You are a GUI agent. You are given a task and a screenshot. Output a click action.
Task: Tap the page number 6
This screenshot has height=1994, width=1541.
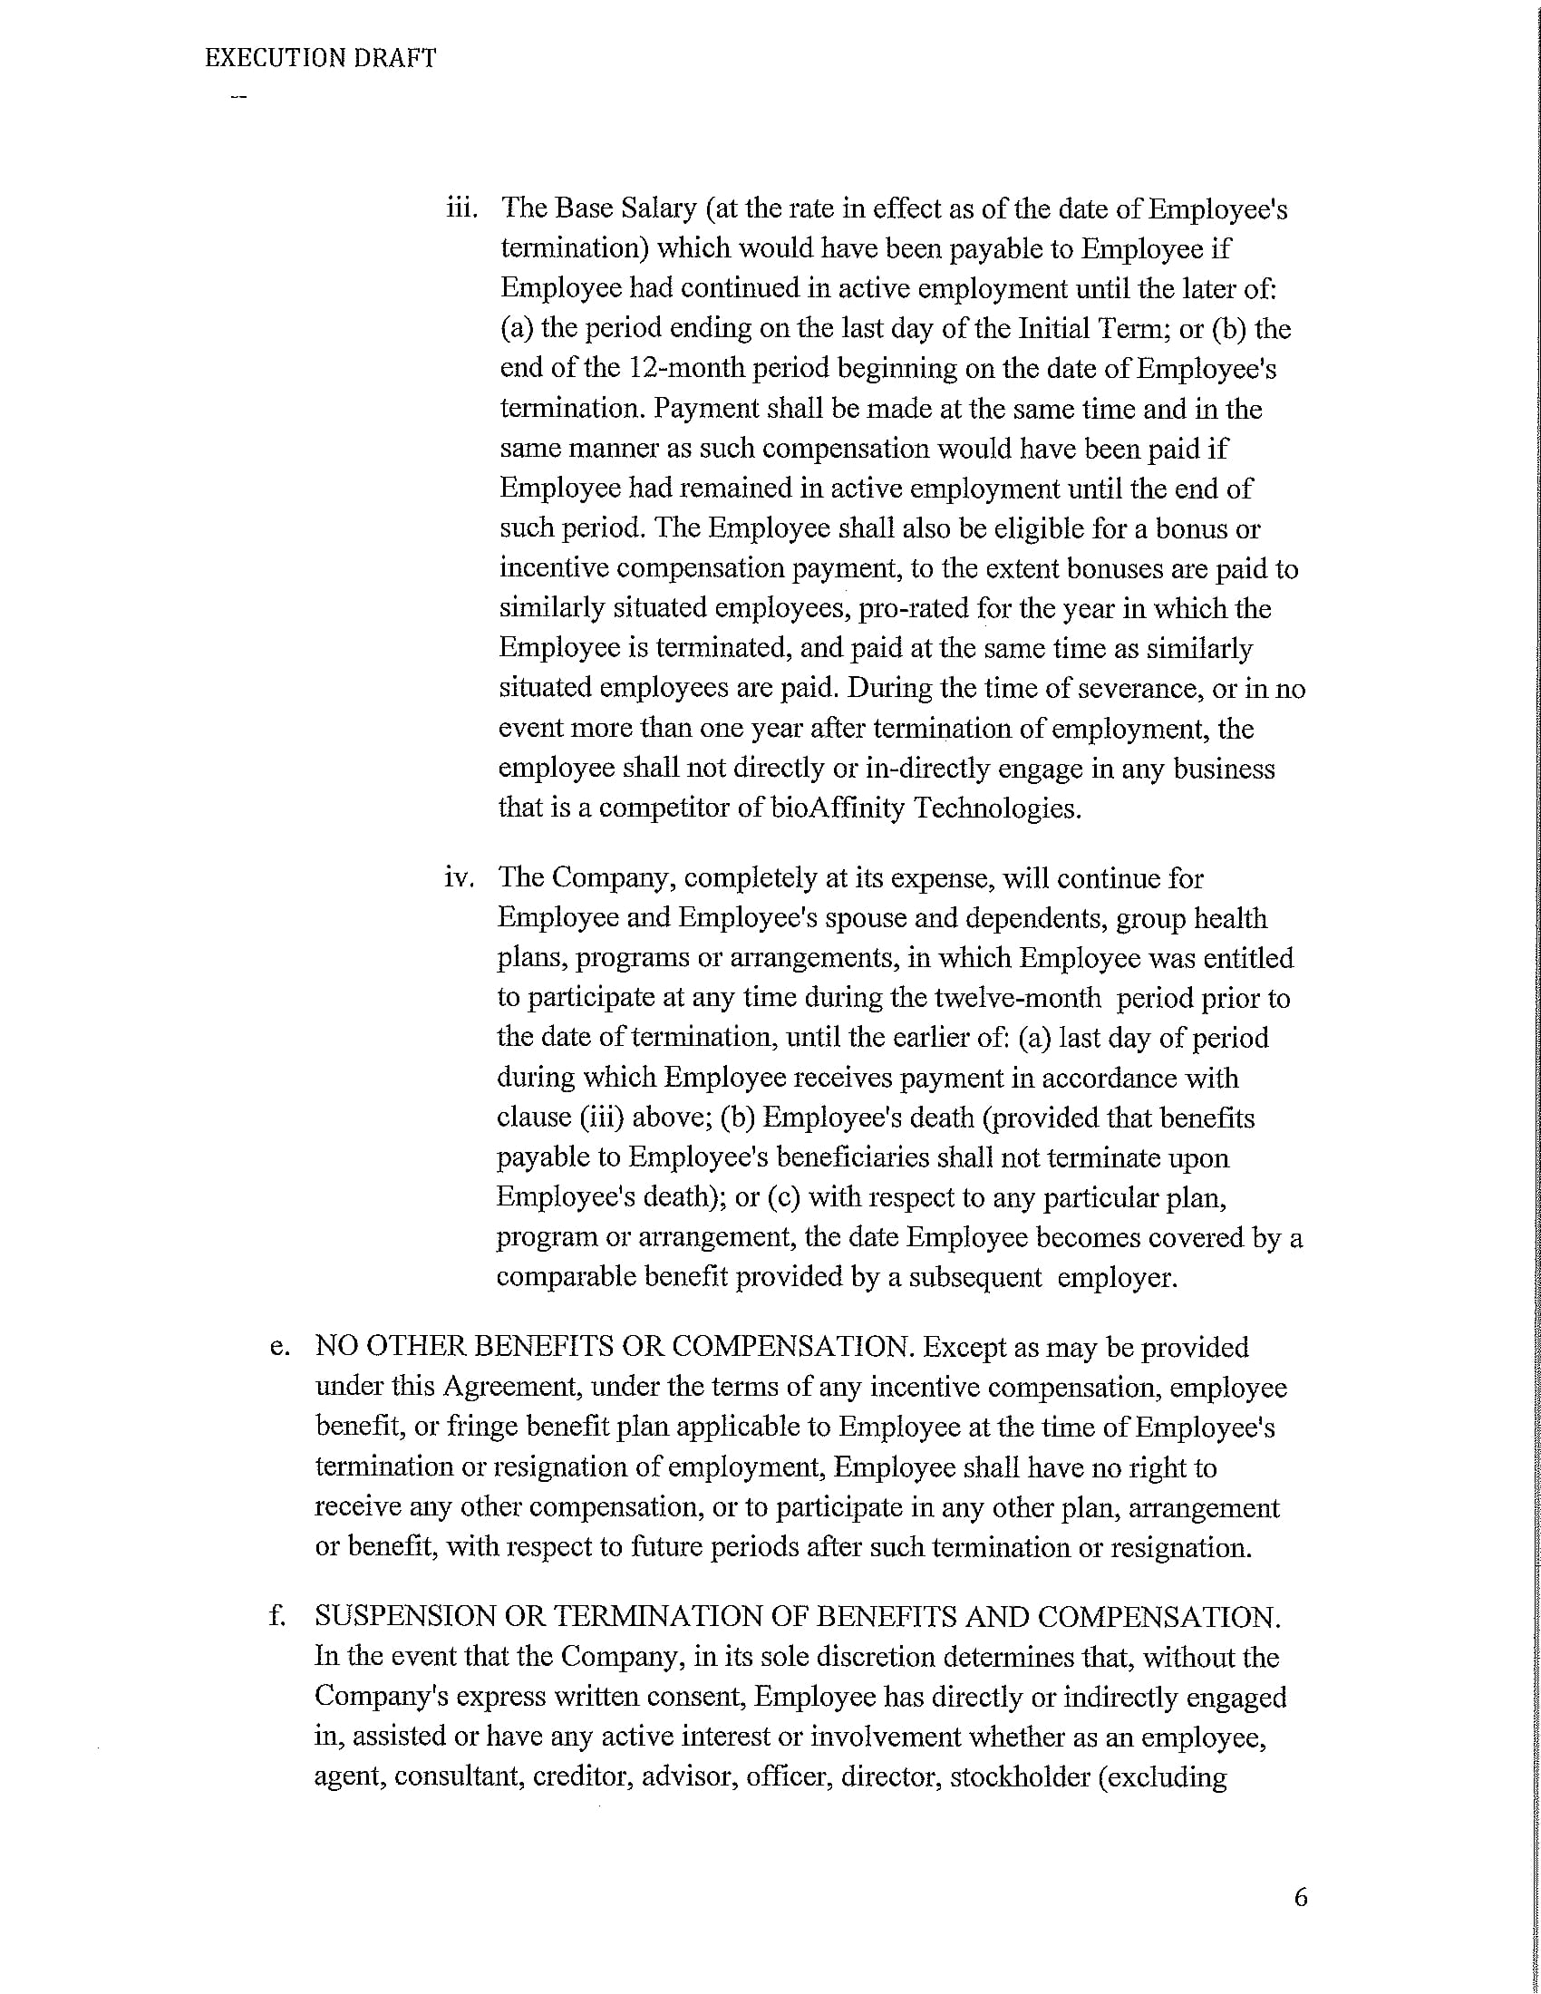(x=1301, y=1898)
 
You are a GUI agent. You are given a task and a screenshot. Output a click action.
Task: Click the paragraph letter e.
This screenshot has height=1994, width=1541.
(x=279, y=1348)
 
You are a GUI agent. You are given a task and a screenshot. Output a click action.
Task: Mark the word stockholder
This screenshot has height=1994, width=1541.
(x=1020, y=1777)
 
